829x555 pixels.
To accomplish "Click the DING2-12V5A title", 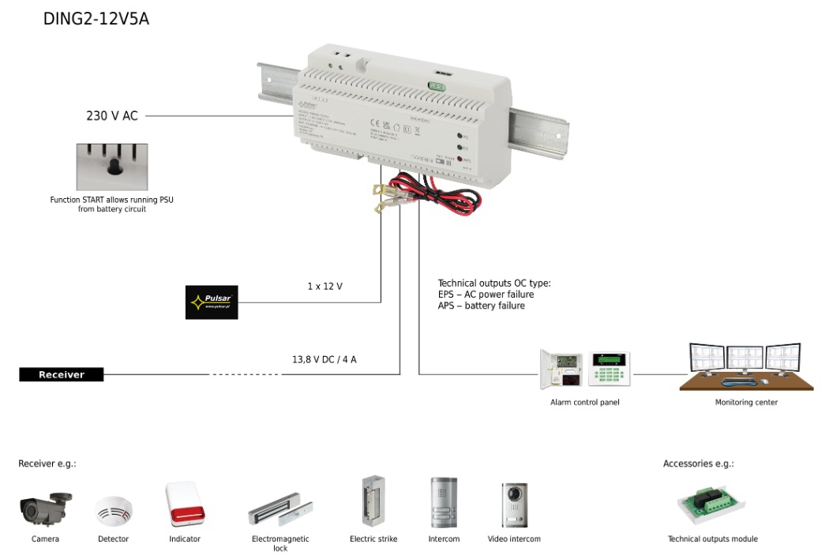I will (96, 20).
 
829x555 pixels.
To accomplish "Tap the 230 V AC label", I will (111, 116).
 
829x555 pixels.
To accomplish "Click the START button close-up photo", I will (111, 167).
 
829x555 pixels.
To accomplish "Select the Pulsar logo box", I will (212, 302).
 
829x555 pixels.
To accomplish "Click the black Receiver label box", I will (62, 374).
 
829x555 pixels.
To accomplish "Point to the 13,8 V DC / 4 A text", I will (324, 359).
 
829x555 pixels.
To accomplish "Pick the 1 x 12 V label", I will (325, 286).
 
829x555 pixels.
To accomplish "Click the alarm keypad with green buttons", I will (609, 369).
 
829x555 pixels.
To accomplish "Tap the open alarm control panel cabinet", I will (561, 369).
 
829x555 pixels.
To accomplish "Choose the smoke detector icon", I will (114, 512).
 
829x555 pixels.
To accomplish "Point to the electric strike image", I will (373, 501).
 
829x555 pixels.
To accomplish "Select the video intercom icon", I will (514, 504).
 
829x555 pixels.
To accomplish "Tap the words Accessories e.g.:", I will (699, 464).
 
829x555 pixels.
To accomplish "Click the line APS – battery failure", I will (481, 306).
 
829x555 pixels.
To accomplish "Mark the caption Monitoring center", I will (746, 403).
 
